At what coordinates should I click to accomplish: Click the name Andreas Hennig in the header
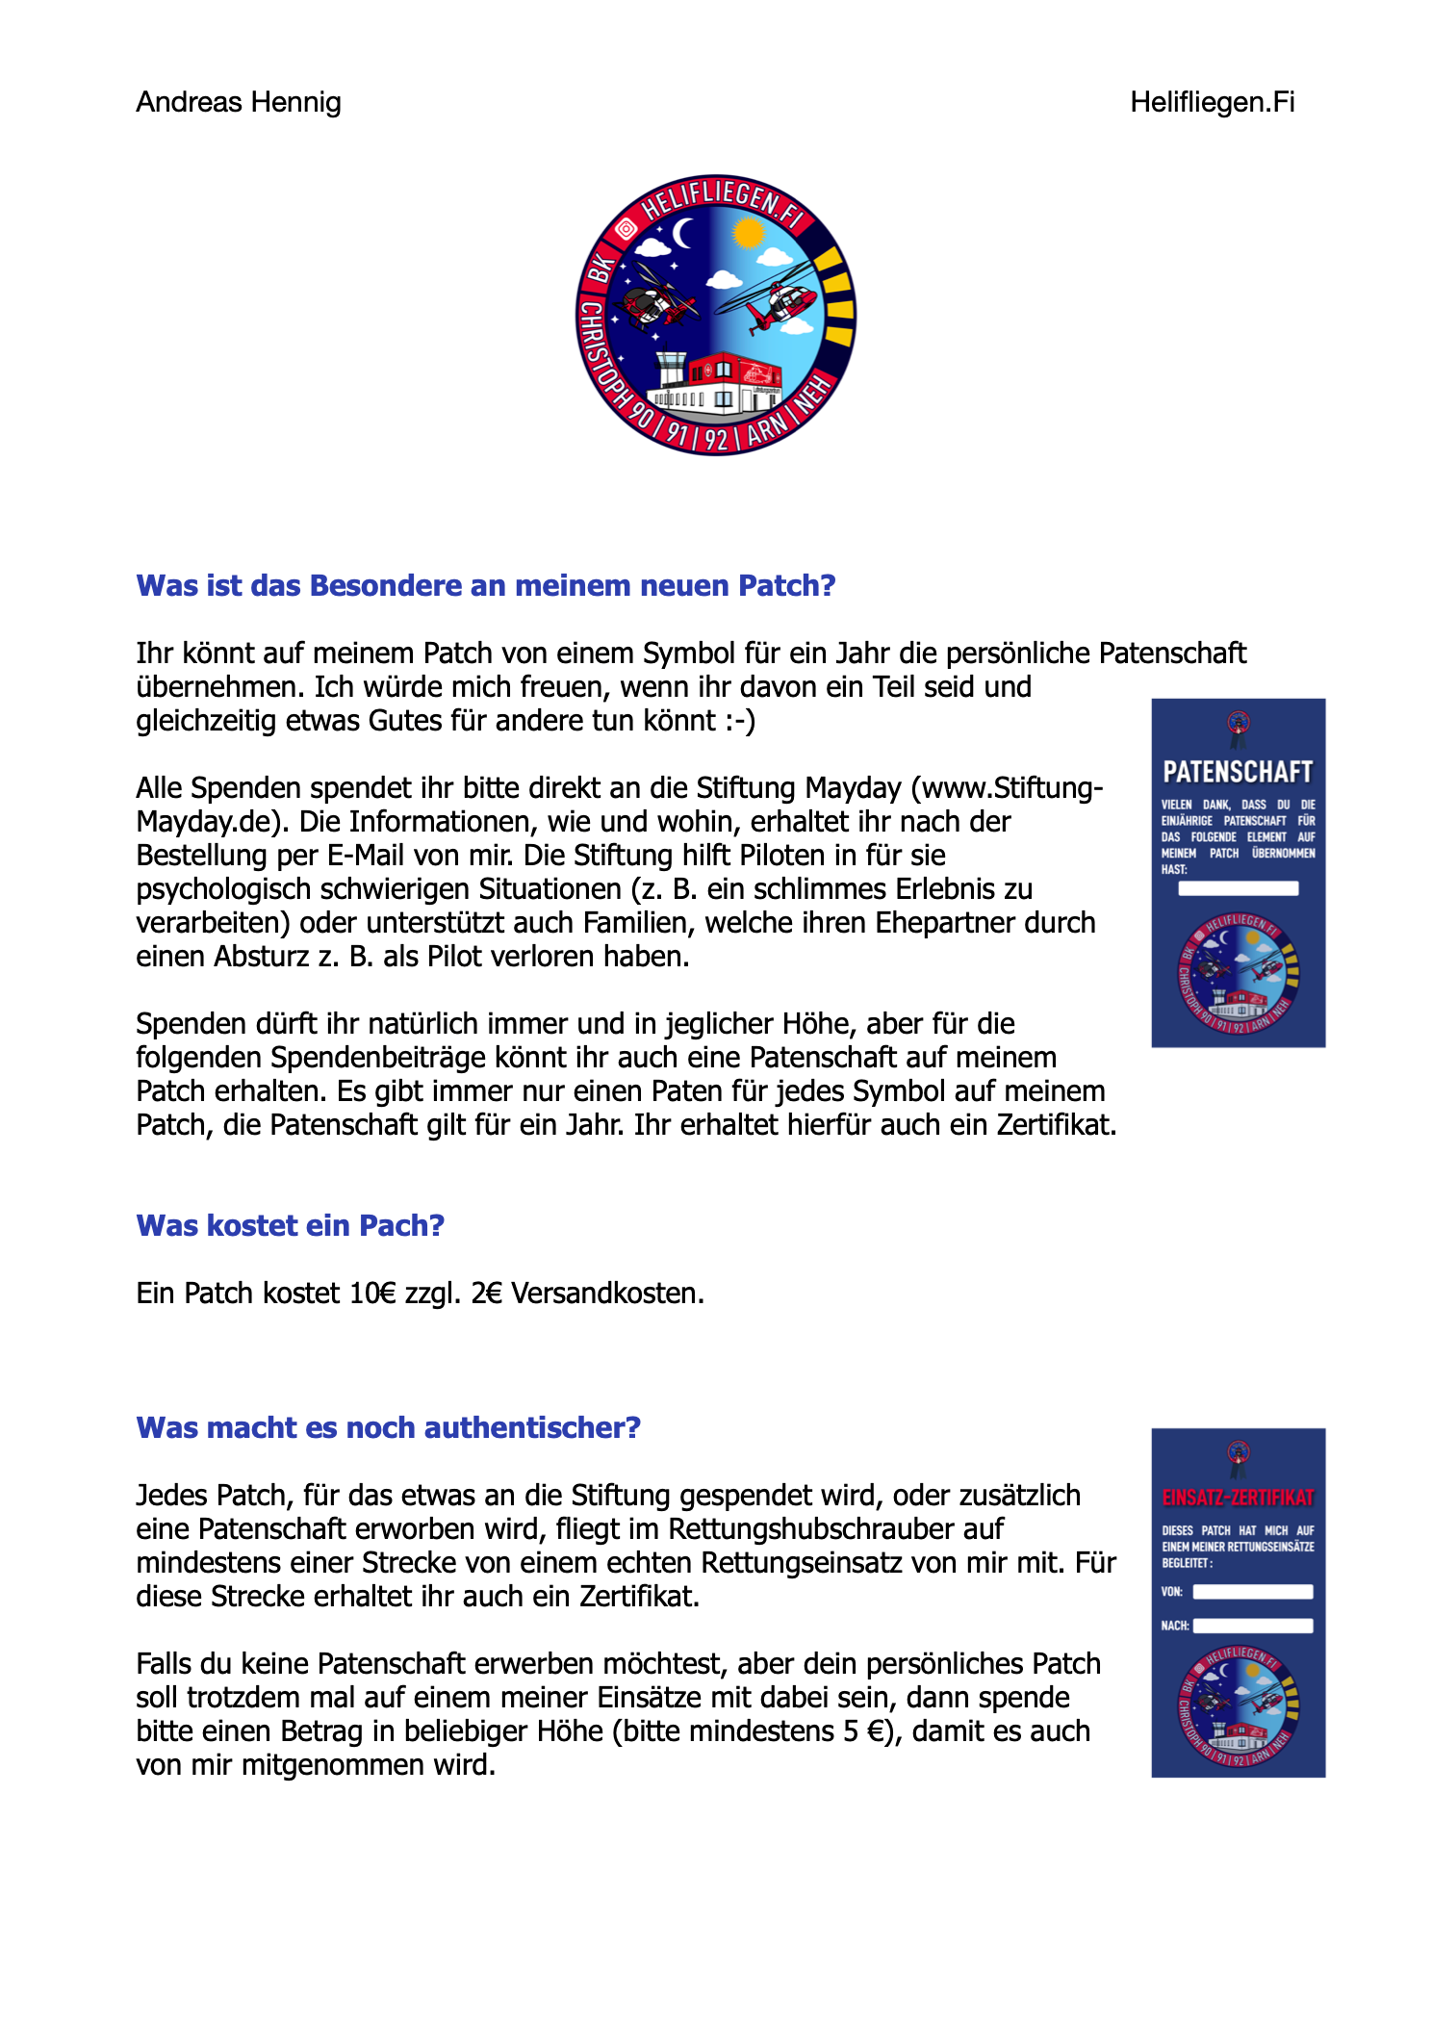click(x=239, y=102)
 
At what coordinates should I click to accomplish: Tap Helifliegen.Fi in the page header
click(x=1212, y=102)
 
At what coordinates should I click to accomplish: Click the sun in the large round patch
click(x=748, y=232)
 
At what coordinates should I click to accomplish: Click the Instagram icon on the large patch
click(x=626, y=228)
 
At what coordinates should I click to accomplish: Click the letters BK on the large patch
click(x=600, y=269)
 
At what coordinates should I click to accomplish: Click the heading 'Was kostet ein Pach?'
click(x=290, y=1225)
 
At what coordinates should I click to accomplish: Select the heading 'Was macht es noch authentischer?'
click(x=388, y=1427)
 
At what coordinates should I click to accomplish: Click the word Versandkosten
click(x=607, y=1293)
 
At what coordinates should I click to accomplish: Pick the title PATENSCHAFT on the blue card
click(x=1238, y=772)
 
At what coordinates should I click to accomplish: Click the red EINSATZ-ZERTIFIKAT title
click(x=1238, y=1498)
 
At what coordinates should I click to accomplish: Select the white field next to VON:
click(x=1252, y=1592)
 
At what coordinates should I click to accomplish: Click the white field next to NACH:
click(x=1252, y=1626)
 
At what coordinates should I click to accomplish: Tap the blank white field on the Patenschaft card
click(x=1238, y=888)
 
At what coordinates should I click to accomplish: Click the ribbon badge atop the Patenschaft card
click(x=1239, y=727)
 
